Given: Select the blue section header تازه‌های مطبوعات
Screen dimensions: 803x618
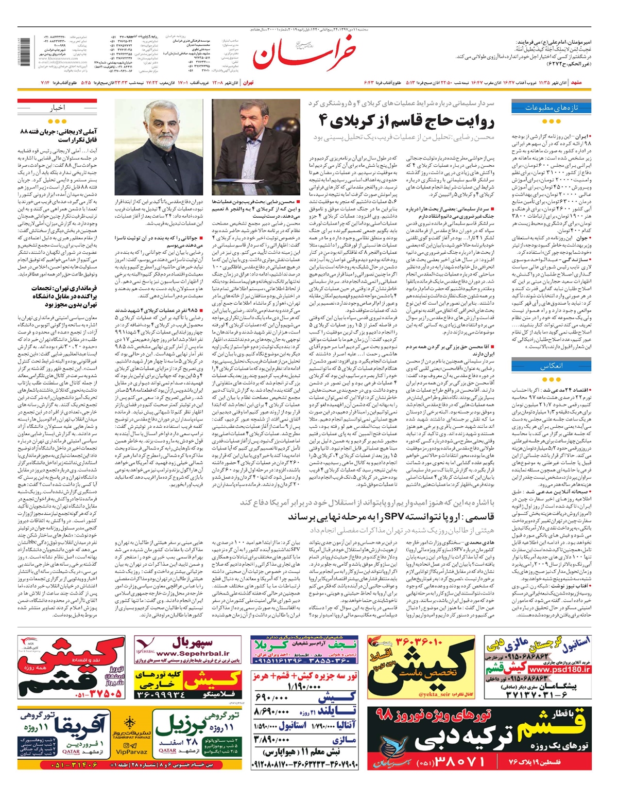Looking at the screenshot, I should [551, 108].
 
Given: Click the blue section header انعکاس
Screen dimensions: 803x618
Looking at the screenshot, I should [551, 366].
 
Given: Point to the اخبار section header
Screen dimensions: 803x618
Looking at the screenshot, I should [57, 108].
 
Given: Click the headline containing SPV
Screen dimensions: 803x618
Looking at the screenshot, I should [391, 516].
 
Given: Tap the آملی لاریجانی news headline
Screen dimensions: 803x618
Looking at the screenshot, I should [58, 135].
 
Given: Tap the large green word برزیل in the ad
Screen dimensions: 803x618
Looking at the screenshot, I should [180, 726].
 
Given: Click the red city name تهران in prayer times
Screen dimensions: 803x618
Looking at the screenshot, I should [248, 82].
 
